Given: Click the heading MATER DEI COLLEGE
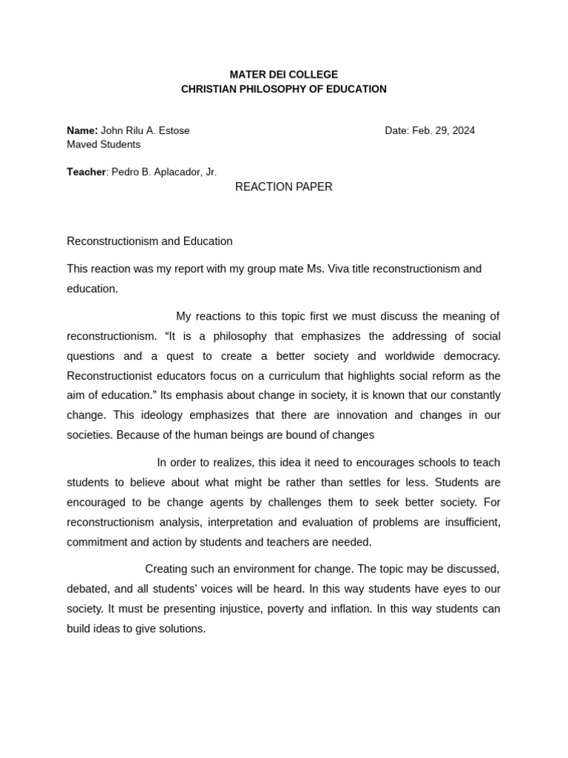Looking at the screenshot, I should click(x=284, y=75).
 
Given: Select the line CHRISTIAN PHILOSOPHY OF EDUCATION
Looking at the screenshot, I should click(x=284, y=90).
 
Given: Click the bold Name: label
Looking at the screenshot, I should click(x=82, y=130).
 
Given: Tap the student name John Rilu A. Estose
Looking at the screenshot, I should click(x=145, y=130).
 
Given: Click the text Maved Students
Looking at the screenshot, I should click(x=104, y=144).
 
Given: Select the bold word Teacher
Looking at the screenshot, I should click(x=86, y=172).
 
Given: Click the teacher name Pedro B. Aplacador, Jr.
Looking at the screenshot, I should click(x=164, y=172).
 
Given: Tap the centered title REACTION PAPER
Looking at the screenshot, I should click(x=284, y=187).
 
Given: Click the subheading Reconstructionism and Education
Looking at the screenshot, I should click(x=149, y=241).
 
